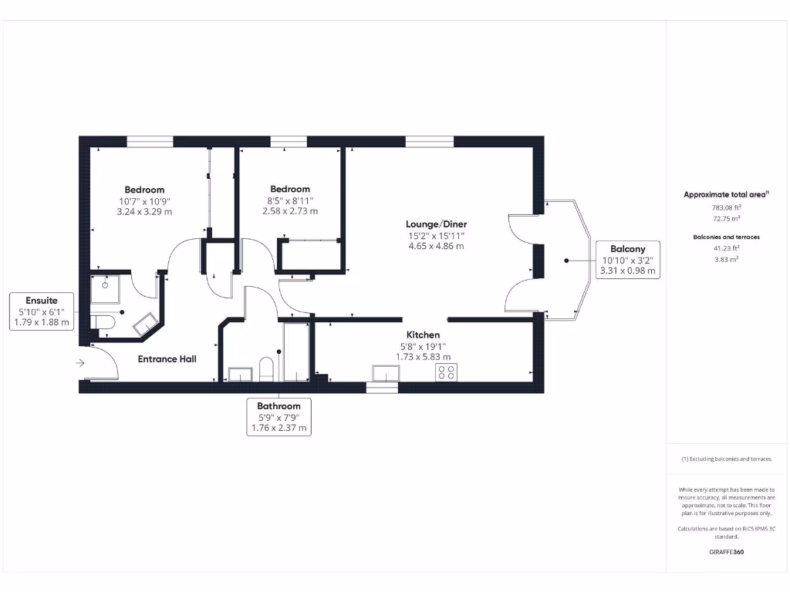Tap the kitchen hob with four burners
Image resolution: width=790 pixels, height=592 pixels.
(x=446, y=373)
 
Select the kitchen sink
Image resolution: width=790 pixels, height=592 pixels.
(x=385, y=373)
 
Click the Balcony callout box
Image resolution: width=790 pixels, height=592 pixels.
(x=627, y=260)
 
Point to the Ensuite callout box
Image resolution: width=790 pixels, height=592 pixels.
(x=42, y=311)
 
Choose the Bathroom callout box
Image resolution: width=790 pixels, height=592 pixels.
(x=279, y=417)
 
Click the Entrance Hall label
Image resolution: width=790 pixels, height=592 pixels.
(x=167, y=359)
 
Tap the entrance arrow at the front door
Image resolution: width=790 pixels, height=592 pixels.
(x=81, y=362)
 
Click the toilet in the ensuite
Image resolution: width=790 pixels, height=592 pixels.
(x=103, y=322)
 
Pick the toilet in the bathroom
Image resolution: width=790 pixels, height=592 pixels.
(x=266, y=370)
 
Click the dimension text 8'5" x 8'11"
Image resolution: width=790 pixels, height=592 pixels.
(x=289, y=200)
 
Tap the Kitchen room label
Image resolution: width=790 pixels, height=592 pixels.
(x=423, y=335)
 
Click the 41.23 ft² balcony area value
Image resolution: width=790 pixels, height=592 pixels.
(x=725, y=248)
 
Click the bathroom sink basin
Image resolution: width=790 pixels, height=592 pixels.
(x=241, y=375)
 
